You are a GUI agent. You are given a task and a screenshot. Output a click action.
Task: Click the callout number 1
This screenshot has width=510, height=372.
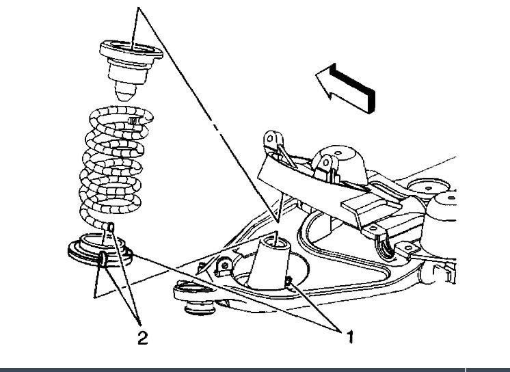click(349, 336)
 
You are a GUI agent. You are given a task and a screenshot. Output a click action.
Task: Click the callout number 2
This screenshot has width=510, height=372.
click(142, 337)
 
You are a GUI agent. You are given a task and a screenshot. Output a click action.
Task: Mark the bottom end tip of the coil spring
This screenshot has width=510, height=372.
click(111, 226)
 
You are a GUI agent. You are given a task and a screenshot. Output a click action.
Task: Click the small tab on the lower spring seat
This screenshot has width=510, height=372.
click(102, 258)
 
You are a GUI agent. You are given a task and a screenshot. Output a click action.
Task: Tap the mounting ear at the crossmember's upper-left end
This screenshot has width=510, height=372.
click(271, 139)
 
